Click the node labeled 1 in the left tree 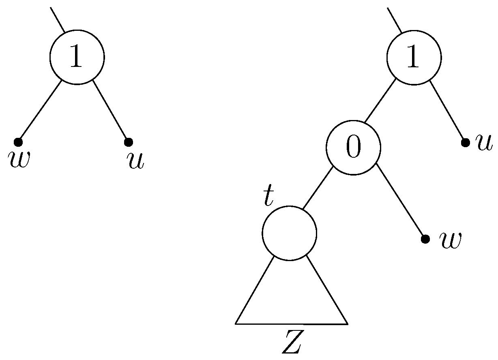(77, 57)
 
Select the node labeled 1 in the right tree (414, 57)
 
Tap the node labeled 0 (354, 148)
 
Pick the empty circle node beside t (289, 233)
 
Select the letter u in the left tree (135, 161)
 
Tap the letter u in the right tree (484, 143)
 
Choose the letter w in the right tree (450, 240)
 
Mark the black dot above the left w (17, 142)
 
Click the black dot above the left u (128, 142)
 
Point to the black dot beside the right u (466, 142)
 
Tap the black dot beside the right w (425, 239)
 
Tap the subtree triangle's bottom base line (291, 324)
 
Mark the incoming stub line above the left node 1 (58, 19)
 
